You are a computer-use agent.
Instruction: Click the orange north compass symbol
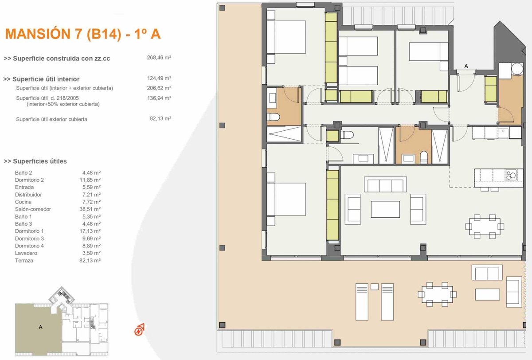(139, 329)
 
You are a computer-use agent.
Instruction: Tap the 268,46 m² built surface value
(159, 58)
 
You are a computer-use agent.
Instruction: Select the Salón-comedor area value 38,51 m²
(90, 209)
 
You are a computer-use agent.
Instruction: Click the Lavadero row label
(26, 253)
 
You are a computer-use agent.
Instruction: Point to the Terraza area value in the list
(90, 261)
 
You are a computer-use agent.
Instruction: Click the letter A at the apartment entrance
(466, 66)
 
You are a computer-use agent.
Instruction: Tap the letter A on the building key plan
(41, 327)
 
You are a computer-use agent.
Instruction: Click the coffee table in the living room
(385, 209)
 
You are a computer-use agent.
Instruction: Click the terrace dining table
(437, 294)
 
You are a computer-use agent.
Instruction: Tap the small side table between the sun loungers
(375, 286)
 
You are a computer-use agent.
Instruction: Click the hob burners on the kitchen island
(511, 175)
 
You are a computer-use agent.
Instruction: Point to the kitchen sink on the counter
(503, 133)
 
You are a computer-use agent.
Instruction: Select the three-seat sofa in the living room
(385, 184)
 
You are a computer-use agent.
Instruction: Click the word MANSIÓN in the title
(38, 34)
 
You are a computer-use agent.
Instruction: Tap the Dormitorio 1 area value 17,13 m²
(90, 231)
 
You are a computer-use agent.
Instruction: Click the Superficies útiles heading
(35, 161)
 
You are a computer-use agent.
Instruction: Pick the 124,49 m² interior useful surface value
(159, 78)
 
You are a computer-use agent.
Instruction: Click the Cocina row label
(23, 202)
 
